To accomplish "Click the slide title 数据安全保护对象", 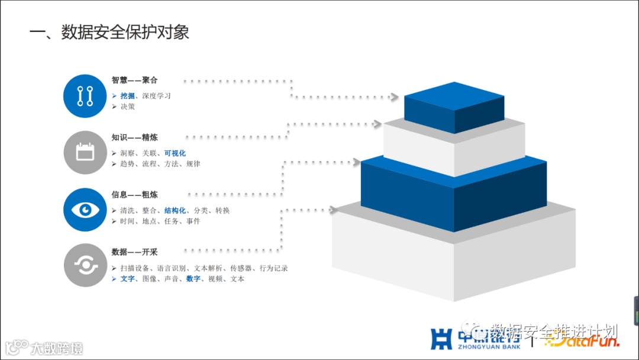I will [109, 32].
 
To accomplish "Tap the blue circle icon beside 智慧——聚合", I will [85, 96].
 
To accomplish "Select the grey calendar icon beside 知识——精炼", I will [85, 153].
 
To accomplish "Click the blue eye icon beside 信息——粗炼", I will [85, 210].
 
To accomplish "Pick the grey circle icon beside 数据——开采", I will [85, 265].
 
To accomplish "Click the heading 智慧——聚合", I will [134, 80].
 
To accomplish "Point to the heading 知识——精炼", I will [134, 137].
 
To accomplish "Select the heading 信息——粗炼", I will [134, 194].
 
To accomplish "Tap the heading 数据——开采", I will [134, 252].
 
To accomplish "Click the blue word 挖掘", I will [127, 96].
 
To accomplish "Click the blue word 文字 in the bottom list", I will [127, 279].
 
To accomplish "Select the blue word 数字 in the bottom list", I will [193, 279].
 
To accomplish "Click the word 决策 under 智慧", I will [127, 107].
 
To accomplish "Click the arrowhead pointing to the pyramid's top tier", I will [395, 97].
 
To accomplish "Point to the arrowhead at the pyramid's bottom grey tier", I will [333, 210].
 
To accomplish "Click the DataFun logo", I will [583, 342].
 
